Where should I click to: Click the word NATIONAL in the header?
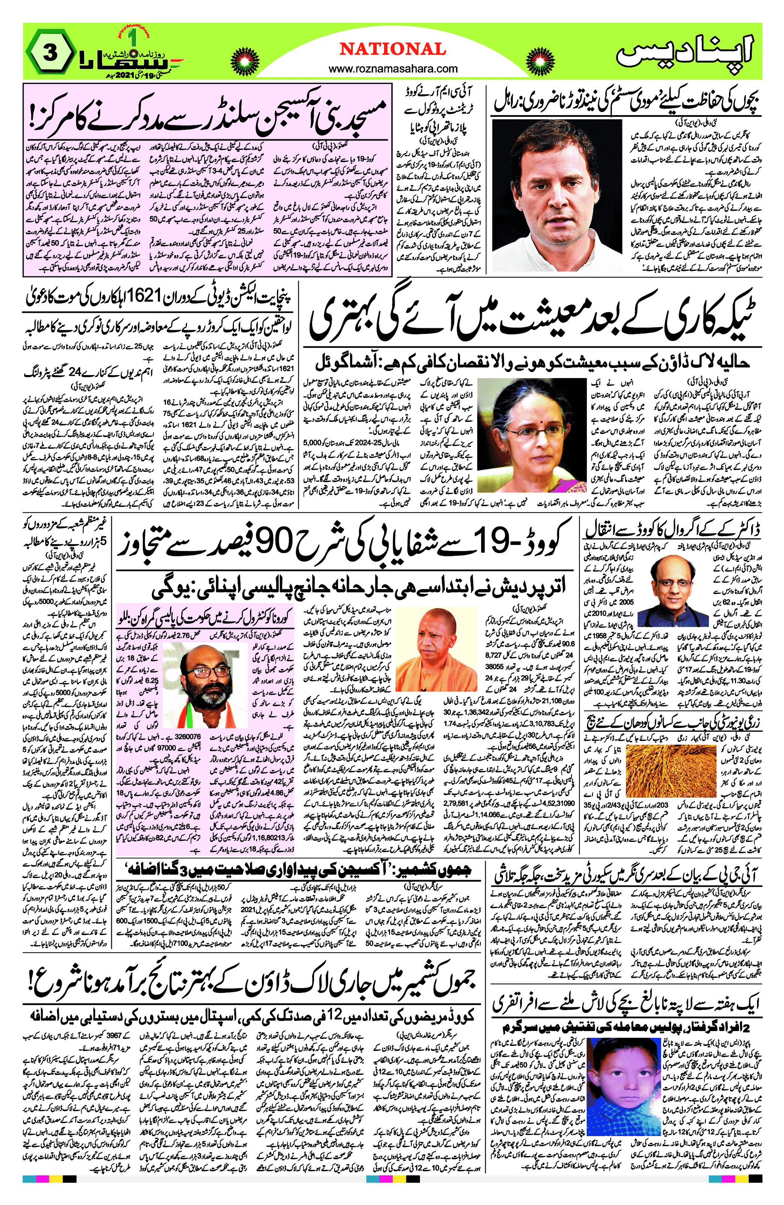(392, 49)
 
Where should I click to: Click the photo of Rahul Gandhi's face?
(557, 195)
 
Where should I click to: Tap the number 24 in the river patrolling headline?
(75, 373)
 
